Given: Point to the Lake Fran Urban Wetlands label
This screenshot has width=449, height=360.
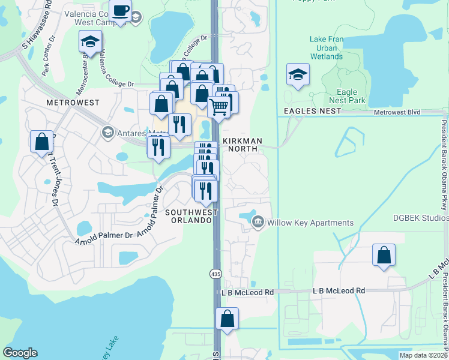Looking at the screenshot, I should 327,48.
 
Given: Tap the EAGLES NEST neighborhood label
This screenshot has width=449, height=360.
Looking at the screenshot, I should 307,112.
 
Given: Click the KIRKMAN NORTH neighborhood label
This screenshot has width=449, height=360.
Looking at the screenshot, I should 243,145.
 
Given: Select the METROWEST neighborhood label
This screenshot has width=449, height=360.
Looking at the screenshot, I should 73,103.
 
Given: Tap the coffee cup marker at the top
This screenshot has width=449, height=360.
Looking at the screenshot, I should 121,11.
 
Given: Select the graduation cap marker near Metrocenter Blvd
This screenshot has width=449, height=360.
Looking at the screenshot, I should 90,42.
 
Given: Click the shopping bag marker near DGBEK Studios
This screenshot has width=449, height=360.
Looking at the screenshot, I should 384,255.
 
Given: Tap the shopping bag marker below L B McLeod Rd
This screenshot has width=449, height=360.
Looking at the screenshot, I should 227,319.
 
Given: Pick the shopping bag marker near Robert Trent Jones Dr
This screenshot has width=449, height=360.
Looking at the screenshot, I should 41,142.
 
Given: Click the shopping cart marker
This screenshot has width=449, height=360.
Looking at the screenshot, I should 220,107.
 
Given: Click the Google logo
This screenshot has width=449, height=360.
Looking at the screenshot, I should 20,353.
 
